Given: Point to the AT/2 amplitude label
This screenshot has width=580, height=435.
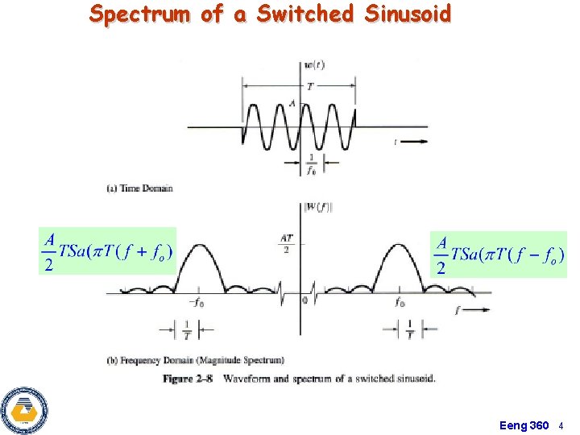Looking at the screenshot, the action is pos(286,242).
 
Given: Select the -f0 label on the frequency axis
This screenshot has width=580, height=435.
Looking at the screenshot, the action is pos(195,303).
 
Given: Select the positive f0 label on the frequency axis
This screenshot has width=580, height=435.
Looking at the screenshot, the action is pos(400,303).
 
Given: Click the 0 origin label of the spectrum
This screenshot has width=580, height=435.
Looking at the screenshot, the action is pos(305,300).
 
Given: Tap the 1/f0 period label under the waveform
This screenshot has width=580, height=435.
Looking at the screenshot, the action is pos(310,165).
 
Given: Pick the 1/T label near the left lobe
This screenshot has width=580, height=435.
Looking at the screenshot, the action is pos(187,330).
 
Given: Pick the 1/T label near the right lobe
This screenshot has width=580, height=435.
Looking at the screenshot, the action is pos(409,330).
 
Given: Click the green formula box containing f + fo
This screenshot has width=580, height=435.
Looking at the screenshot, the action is pos(106,251).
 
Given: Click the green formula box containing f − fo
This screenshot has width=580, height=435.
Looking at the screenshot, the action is pos(499,254).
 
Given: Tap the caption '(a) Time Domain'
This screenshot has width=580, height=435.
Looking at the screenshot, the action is pos(139,188).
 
